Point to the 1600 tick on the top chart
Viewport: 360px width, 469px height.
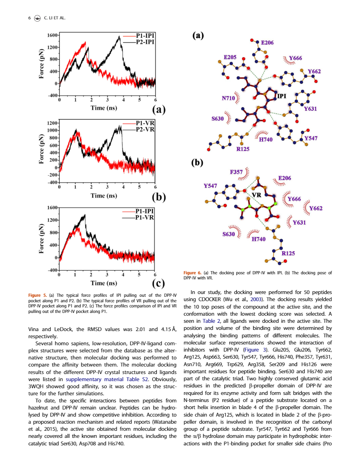[52, 35]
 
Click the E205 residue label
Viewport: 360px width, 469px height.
[230, 57]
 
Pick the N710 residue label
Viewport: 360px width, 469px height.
[228, 98]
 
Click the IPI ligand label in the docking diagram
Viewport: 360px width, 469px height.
[282, 96]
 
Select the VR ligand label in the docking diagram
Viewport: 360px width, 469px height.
[256, 195]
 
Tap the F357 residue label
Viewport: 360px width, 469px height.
[236, 172]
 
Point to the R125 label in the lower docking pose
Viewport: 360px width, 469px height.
[288, 253]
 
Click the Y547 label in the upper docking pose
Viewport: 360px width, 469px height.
[311, 138]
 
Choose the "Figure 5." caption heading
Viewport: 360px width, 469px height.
[38, 295]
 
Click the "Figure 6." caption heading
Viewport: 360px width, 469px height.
[193, 273]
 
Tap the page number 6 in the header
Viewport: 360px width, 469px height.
[30, 18]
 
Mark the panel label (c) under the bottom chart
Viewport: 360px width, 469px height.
[158, 283]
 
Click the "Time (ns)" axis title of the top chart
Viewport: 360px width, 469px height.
[104, 108]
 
